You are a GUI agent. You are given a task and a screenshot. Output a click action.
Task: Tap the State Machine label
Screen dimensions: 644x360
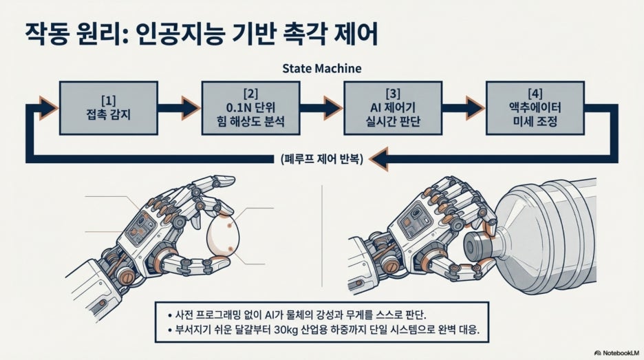point(321,68)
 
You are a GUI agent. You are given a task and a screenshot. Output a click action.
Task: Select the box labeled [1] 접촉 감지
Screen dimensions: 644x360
point(109,108)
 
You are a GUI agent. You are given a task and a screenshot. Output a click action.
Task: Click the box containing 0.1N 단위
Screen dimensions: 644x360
point(250,108)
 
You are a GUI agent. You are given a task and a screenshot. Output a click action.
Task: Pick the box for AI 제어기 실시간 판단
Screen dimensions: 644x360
point(393,108)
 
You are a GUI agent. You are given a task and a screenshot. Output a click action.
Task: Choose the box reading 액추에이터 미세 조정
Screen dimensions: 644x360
point(535,108)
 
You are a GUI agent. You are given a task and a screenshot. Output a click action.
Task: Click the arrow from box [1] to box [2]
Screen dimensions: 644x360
point(180,108)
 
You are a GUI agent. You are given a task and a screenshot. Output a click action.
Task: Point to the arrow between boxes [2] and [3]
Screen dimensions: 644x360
point(321,108)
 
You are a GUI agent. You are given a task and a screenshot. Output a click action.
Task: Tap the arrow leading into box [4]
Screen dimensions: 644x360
point(464,108)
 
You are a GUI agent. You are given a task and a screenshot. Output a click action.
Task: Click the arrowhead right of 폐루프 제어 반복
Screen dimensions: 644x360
point(378,159)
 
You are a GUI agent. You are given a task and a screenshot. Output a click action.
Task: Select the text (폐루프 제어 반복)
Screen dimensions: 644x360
point(321,159)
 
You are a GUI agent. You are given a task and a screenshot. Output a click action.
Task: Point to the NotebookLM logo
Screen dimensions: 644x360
point(616,353)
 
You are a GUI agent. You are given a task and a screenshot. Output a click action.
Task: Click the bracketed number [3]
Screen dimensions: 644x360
point(393,94)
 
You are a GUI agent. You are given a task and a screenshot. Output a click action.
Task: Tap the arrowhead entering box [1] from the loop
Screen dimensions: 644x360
point(48,108)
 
